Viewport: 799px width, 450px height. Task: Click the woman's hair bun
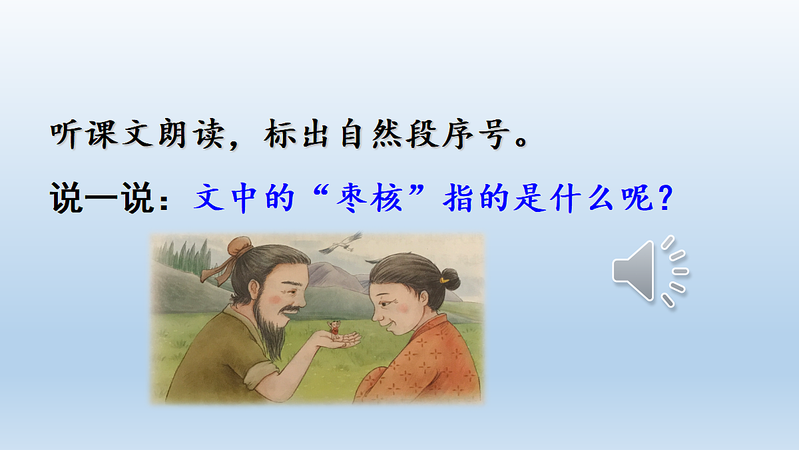451,278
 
